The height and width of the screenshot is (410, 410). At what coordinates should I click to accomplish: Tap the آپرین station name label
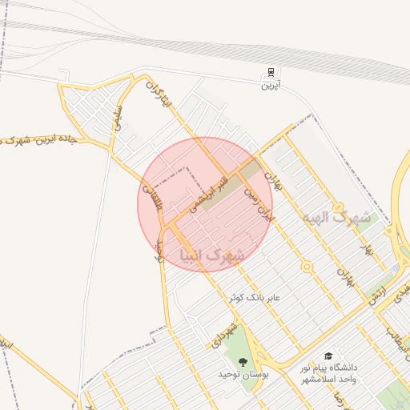coord(267,84)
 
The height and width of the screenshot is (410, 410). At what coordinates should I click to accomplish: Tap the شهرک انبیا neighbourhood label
coord(212,256)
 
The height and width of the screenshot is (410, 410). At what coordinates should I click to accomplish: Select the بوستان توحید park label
coord(243,375)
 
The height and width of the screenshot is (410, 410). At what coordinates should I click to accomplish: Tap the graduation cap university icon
coord(328,356)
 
